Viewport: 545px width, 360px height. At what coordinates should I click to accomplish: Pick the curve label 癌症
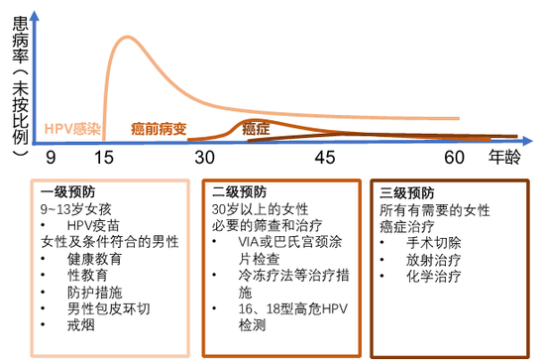point(256,129)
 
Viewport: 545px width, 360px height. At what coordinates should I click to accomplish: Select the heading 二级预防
point(234,192)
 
